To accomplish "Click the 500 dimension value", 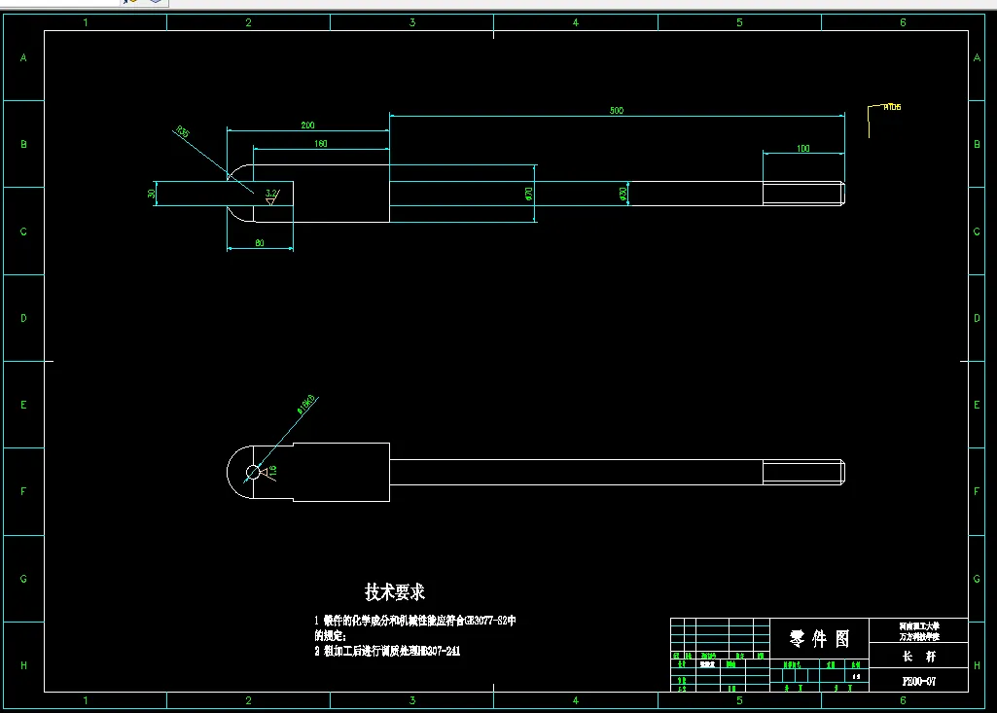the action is [x=616, y=111].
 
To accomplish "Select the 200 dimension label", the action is [x=307, y=125].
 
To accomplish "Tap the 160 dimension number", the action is [x=321, y=144].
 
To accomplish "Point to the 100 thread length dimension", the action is [x=802, y=149].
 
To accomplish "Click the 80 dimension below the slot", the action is [x=260, y=243].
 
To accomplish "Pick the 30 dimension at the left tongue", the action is [x=152, y=194].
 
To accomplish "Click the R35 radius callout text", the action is [x=182, y=131].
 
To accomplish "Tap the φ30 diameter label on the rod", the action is [x=623, y=194].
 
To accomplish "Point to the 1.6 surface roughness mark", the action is [x=272, y=471].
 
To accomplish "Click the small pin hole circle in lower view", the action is [x=253, y=472].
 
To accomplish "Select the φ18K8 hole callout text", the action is [x=307, y=405].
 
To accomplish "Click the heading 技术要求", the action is [x=395, y=591].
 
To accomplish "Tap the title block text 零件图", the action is [x=819, y=638].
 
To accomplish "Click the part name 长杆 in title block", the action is [x=918, y=657].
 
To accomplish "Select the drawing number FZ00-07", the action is [x=918, y=681].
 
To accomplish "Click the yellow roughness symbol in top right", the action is [x=883, y=110].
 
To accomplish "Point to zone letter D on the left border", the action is [x=23, y=318].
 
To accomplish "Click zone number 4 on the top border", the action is [x=575, y=21].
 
